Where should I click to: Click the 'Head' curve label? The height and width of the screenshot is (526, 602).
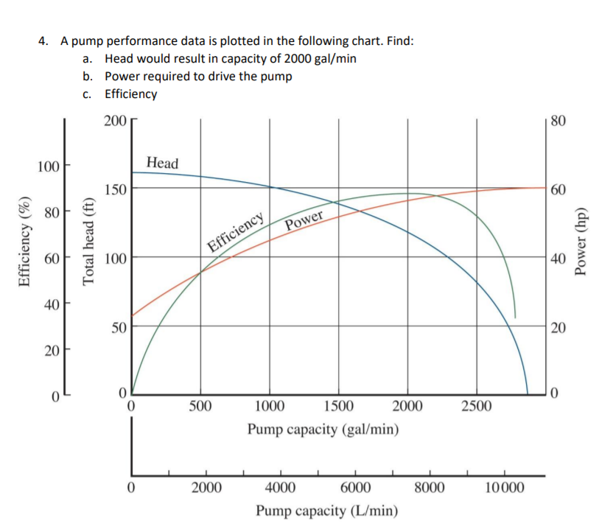pos(162,163)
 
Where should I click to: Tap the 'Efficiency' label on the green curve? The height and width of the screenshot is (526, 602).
pos(236,232)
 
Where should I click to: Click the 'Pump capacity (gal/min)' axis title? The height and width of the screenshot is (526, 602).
pos(323,429)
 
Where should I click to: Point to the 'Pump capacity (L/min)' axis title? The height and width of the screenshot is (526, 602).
pos(328,511)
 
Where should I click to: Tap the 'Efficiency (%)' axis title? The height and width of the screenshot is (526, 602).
pos(24,242)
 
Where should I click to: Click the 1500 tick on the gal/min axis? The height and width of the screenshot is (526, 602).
pos(338,406)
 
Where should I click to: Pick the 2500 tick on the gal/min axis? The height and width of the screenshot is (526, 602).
pos(476,406)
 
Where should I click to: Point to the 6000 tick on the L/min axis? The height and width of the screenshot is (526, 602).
pos(356,487)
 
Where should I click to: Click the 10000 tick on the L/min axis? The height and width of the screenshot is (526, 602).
pos(505,487)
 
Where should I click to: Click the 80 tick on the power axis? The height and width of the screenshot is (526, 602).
pos(558,120)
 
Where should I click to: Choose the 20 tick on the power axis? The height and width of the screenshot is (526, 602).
pos(558,328)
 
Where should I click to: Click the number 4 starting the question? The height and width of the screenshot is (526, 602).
pos(43,41)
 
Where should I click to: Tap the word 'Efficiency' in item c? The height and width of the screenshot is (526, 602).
pos(131,94)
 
